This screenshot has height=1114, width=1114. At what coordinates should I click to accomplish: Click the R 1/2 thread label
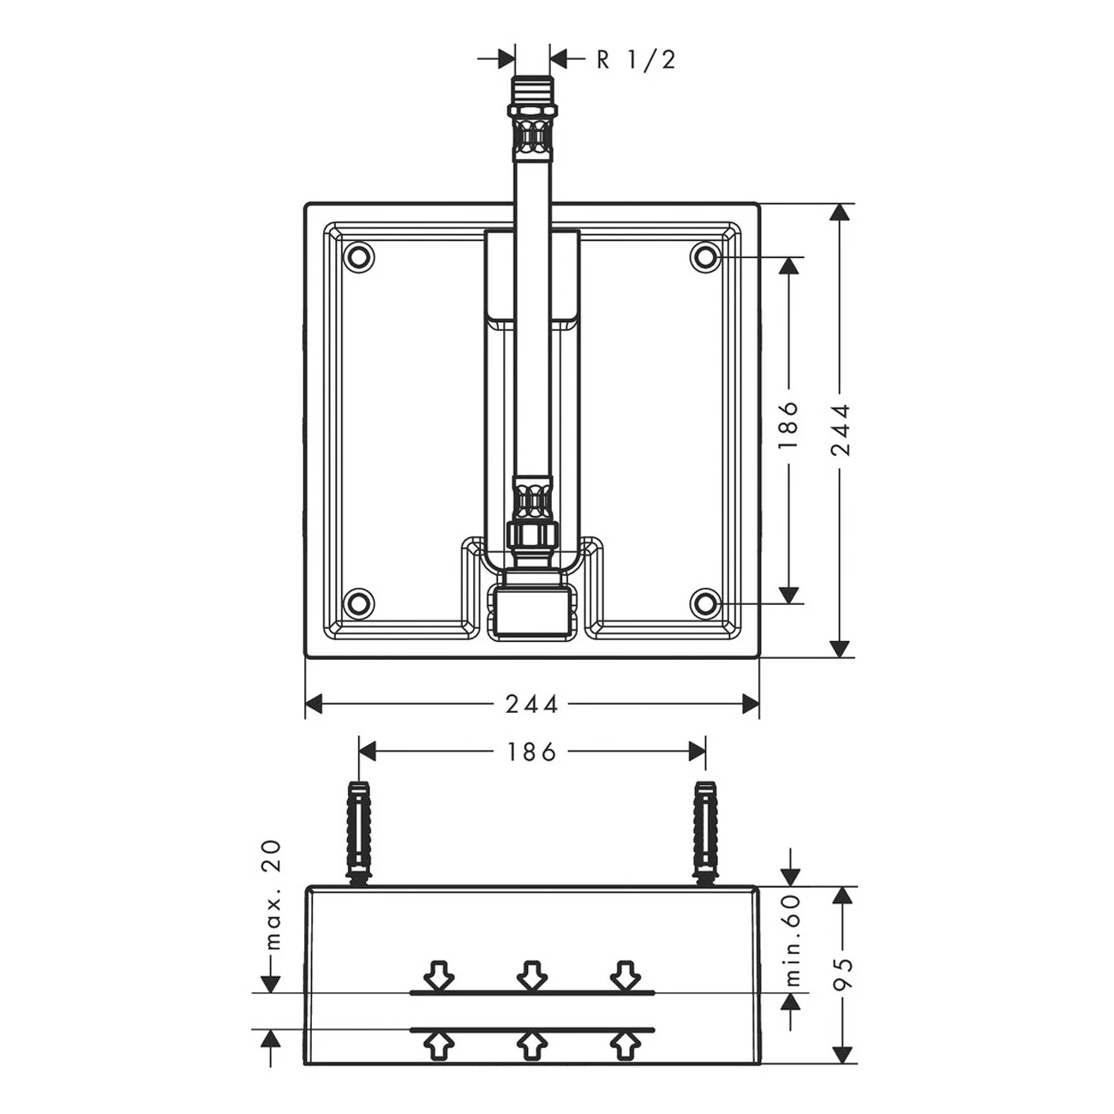[636, 60]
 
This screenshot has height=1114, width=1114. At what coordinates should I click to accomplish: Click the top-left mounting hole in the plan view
[359, 255]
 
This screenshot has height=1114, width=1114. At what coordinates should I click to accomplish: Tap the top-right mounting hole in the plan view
[705, 255]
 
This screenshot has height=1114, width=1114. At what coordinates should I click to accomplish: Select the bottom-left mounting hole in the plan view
[359, 603]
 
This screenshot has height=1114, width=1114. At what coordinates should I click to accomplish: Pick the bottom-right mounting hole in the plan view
[705, 603]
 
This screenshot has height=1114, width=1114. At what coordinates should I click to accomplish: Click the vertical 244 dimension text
[841, 430]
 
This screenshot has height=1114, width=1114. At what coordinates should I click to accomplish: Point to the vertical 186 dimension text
[788, 426]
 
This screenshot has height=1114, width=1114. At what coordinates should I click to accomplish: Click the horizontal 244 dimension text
[532, 704]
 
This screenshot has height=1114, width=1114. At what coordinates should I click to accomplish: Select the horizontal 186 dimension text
[531, 752]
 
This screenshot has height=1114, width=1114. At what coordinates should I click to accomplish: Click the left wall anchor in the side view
[359, 835]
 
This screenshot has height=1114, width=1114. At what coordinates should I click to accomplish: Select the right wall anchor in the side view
[705, 835]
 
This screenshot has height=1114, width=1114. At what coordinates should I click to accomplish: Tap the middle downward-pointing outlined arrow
[532, 974]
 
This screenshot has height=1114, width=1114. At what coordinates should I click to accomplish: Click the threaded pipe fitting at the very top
[532, 118]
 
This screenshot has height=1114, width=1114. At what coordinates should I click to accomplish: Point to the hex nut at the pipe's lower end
[532, 533]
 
